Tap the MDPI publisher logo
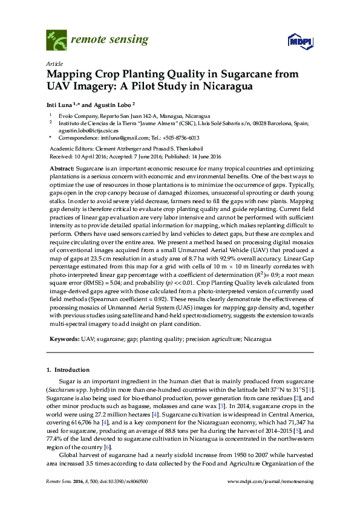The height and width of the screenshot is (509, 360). coord(300,42)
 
